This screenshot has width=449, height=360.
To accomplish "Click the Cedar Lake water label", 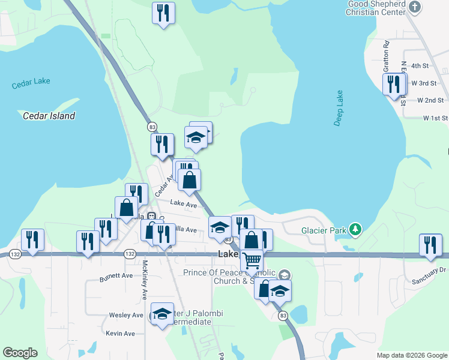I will (31, 83).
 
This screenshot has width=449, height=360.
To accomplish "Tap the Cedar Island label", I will (49, 116).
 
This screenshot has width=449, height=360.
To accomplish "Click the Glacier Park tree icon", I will (356, 229).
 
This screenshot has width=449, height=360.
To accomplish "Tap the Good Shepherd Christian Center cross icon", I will (414, 7).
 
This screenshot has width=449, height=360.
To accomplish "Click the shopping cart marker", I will (252, 260).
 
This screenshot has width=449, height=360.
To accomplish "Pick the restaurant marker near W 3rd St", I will (394, 83).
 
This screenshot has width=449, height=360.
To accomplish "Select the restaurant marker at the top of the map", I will (163, 13).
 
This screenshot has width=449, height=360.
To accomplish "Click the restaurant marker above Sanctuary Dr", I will (430, 245).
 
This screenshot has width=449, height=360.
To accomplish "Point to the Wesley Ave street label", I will (126, 315).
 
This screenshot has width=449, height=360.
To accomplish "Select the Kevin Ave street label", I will (120, 333).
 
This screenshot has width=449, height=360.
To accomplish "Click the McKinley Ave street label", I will (145, 287).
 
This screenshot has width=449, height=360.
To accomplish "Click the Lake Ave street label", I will (183, 205).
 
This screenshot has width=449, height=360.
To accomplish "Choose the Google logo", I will (20, 353).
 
